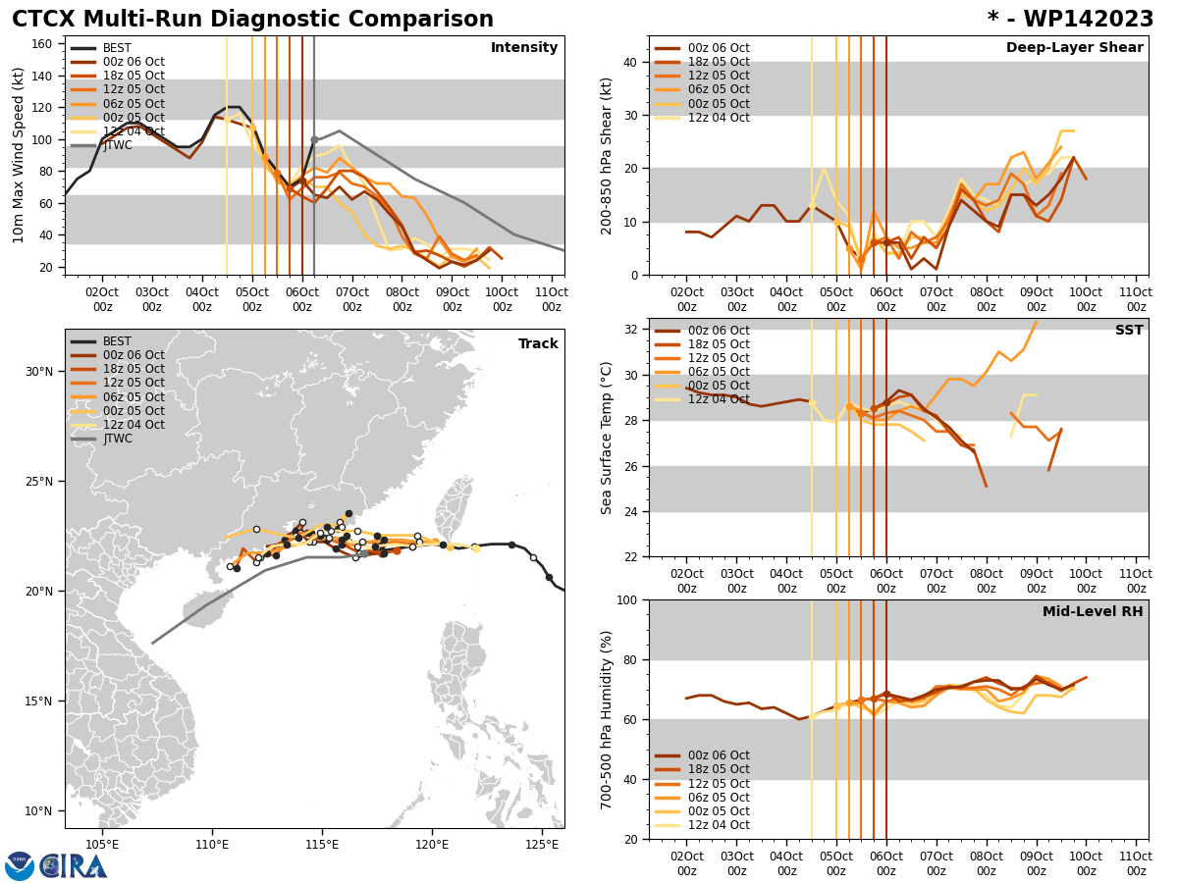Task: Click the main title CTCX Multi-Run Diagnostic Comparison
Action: click(x=252, y=20)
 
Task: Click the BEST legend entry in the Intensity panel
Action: click(x=117, y=48)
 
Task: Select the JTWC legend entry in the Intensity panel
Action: click(x=119, y=145)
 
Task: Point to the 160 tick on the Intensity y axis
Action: click(x=44, y=43)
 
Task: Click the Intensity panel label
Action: click(x=524, y=48)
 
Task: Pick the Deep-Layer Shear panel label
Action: click(x=1074, y=48)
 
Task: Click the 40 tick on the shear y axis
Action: click(x=628, y=62)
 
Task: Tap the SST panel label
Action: click(x=1129, y=331)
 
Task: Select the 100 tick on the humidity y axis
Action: click(x=624, y=599)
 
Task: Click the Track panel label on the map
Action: click(x=538, y=344)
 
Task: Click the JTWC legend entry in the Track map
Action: click(x=119, y=439)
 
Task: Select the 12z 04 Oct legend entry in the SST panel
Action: click(x=718, y=399)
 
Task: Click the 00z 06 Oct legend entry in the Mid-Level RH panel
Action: click(x=718, y=755)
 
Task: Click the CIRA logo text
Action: click(x=74, y=865)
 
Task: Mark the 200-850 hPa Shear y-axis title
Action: click(x=608, y=155)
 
